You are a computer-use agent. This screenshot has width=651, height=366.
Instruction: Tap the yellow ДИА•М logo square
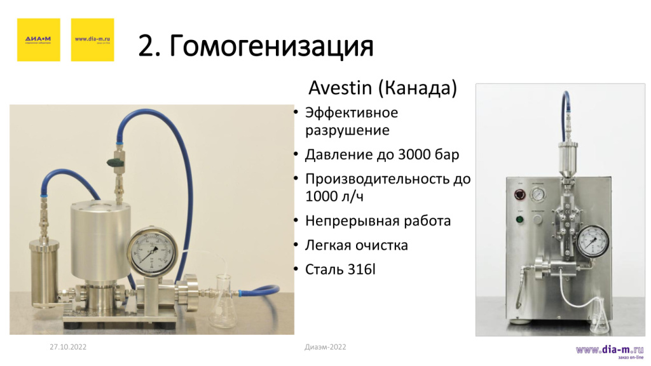click(39, 39)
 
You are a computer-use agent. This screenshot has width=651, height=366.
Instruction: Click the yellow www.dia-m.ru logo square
click(92, 39)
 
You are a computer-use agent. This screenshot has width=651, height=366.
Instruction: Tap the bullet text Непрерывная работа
click(378, 221)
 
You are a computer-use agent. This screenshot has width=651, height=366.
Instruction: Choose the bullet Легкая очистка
click(356, 245)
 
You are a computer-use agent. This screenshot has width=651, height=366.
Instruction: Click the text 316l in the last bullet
click(362, 269)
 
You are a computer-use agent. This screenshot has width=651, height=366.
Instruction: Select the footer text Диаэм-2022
click(325, 346)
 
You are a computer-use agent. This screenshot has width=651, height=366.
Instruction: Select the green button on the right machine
click(519, 220)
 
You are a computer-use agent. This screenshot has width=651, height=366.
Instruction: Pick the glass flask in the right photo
click(599, 318)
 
